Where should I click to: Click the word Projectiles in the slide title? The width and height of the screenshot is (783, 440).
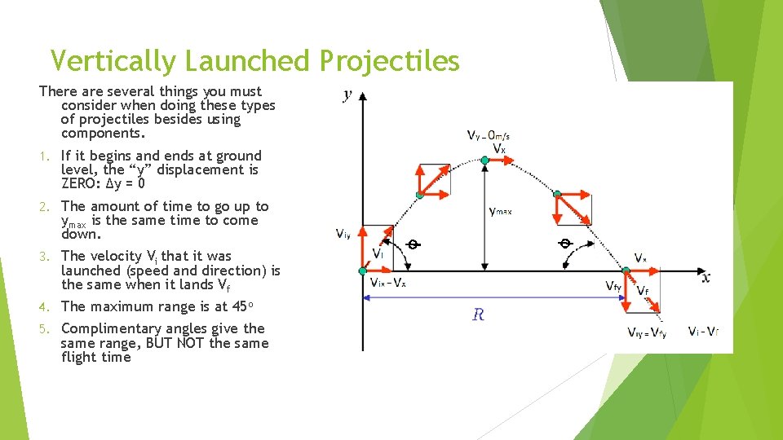(389, 61)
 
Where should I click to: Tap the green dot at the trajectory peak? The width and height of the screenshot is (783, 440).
(484, 161)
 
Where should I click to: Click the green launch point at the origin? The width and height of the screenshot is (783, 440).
(364, 271)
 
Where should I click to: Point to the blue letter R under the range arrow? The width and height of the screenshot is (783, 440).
(478, 315)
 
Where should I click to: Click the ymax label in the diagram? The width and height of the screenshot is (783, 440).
(501, 211)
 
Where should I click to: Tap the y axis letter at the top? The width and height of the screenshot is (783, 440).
(348, 95)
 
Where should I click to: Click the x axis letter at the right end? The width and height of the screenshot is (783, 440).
(706, 278)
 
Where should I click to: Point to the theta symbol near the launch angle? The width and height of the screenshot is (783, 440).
(414, 244)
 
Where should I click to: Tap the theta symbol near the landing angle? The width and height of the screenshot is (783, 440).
(564, 244)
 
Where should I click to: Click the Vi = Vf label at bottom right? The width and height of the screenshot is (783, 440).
(703, 332)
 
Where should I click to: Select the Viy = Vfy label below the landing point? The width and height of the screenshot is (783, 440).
(647, 332)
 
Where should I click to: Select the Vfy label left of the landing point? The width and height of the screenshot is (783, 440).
(613, 286)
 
